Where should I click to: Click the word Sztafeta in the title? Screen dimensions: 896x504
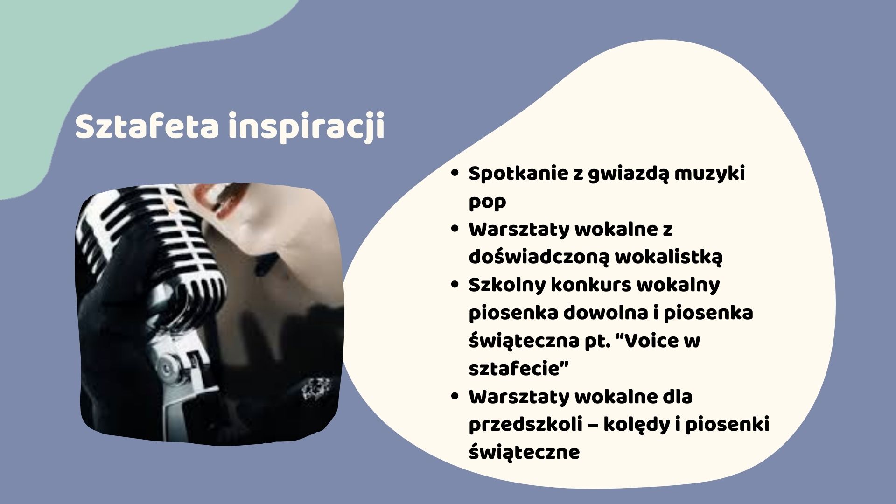coord(147,126)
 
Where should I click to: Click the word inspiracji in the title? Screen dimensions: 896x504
coord(307,127)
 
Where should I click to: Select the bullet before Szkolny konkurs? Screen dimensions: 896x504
coord(455,284)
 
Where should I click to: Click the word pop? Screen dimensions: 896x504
coord(487,203)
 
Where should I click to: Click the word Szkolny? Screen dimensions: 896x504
coord(507,286)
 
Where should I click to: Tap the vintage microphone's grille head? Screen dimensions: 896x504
coord(154,243)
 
